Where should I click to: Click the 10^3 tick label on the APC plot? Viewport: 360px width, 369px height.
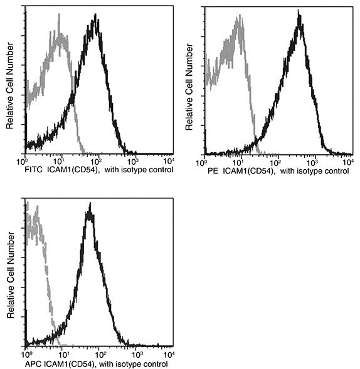point(133,354)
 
